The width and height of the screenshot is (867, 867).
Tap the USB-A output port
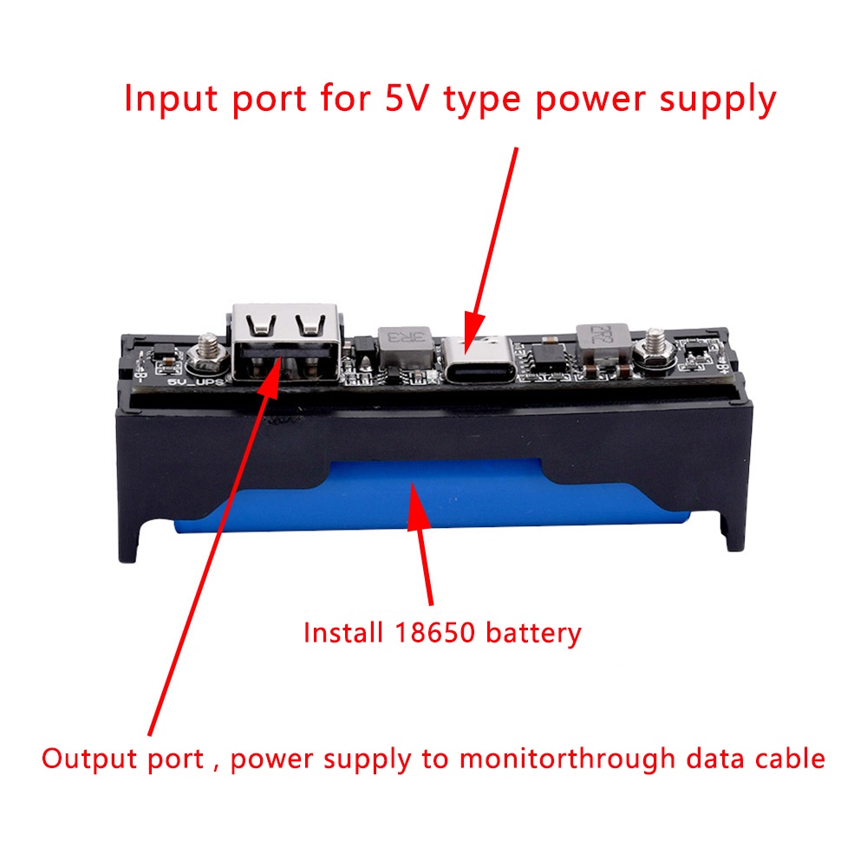click(284, 342)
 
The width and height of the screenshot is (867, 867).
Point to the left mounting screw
click(208, 355)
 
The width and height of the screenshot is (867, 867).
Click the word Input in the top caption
click(171, 100)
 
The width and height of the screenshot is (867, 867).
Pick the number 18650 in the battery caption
click(434, 633)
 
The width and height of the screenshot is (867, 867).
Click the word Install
click(342, 632)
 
